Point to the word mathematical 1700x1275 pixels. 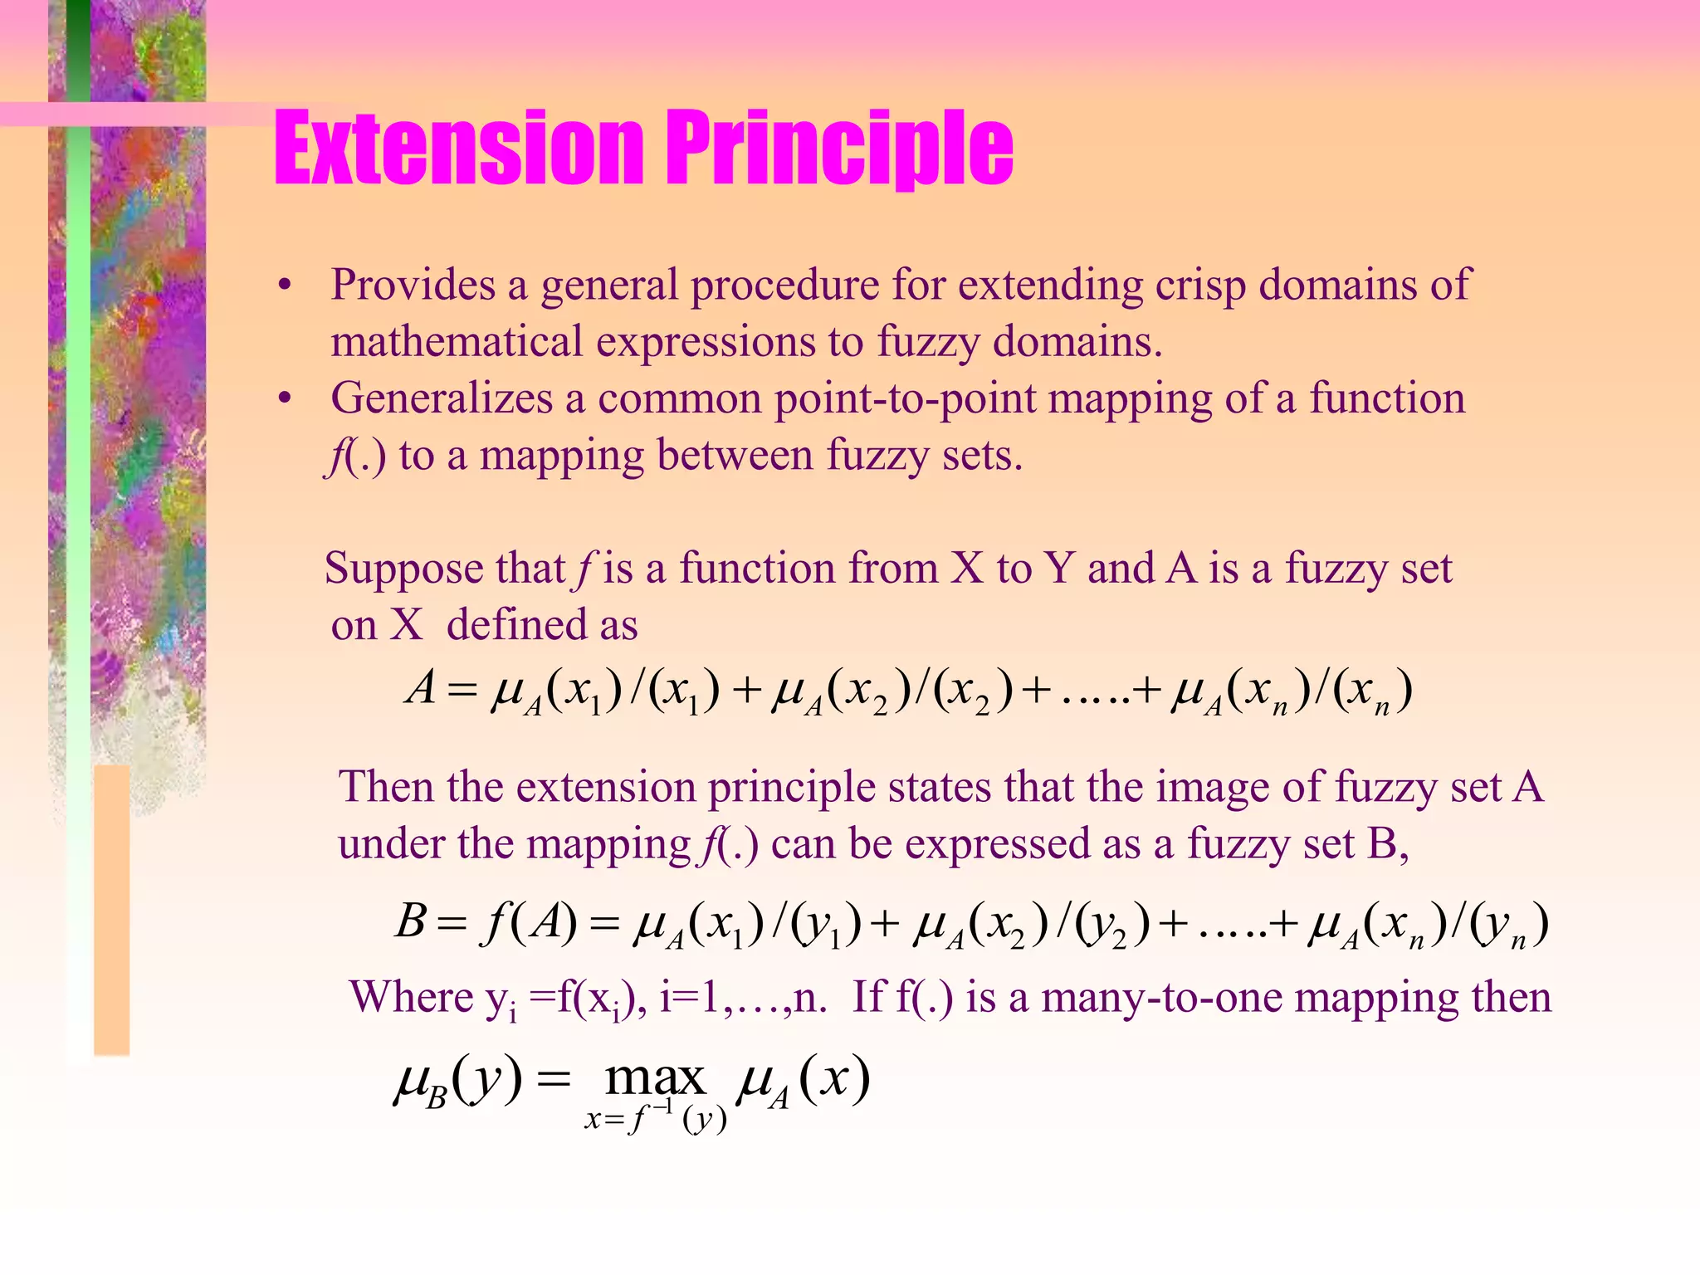click(x=457, y=342)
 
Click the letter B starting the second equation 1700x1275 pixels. click(x=411, y=921)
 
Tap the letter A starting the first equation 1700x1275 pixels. click(x=422, y=688)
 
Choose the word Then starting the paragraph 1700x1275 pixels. click(x=387, y=786)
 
